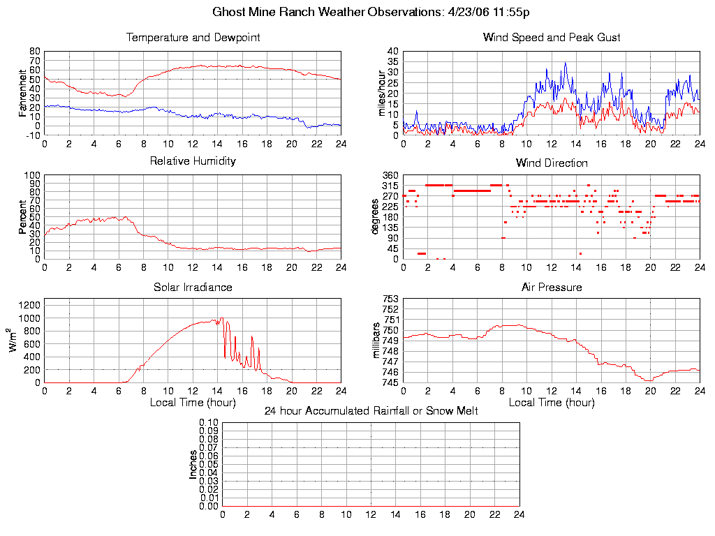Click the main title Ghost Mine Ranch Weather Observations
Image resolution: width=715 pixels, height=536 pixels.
click(371, 12)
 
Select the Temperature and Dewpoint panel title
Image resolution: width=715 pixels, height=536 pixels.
click(193, 37)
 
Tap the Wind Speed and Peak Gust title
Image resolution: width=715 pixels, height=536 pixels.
click(552, 37)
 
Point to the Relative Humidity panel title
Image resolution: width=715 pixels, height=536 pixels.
click(193, 161)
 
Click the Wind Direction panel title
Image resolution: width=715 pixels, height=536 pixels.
click(552, 163)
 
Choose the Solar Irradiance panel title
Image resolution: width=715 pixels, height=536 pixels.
click(193, 287)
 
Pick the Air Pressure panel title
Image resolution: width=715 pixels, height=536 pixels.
click(552, 287)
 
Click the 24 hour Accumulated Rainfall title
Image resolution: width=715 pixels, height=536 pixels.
click(371, 411)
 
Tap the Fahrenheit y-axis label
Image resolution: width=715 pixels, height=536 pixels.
click(23, 93)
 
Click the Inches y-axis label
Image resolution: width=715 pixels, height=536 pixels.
click(193, 464)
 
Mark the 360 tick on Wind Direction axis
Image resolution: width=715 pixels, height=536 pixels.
click(390, 175)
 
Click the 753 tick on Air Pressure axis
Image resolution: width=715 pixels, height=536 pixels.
click(390, 299)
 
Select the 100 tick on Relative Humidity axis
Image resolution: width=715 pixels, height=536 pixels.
click(32, 175)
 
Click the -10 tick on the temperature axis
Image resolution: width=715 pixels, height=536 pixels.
click(33, 135)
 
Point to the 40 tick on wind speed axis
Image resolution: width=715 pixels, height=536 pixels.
click(392, 51)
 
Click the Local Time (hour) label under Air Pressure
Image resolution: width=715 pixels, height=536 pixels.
click(552, 402)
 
